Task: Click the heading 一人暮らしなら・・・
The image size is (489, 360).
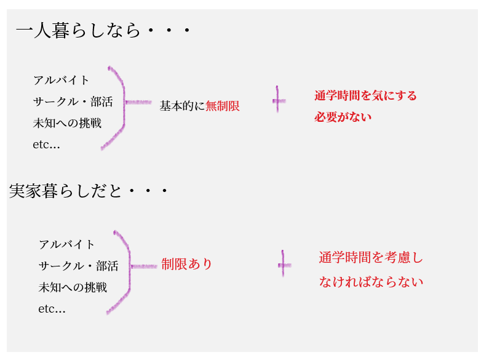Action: click(x=103, y=30)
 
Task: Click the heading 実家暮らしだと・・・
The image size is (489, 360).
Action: click(x=89, y=191)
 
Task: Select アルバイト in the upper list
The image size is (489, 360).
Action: click(x=62, y=80)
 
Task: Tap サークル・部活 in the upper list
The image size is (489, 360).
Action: click(x=73, y=102)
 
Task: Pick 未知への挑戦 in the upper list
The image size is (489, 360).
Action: click(x=67, y=123)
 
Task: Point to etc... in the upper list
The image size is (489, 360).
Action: click(x=46, y=145)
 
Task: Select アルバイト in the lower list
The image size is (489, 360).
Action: click(x=67, y=244)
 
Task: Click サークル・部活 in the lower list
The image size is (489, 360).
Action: click(x=78, y=266)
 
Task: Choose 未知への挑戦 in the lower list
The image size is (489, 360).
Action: click(x=73, y=287)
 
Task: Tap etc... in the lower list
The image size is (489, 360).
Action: click(x=52, y=309)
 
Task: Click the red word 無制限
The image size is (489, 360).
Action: click(x=223, y=106)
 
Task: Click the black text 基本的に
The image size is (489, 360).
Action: click(x=182, y=106)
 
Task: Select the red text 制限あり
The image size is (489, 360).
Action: click(x=187, y=264)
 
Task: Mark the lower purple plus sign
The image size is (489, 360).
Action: click(x=284, y=265)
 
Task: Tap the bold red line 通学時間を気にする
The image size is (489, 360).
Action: click(x=365, y=95)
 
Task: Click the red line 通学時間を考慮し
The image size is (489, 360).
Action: click(x=371, y=258)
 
